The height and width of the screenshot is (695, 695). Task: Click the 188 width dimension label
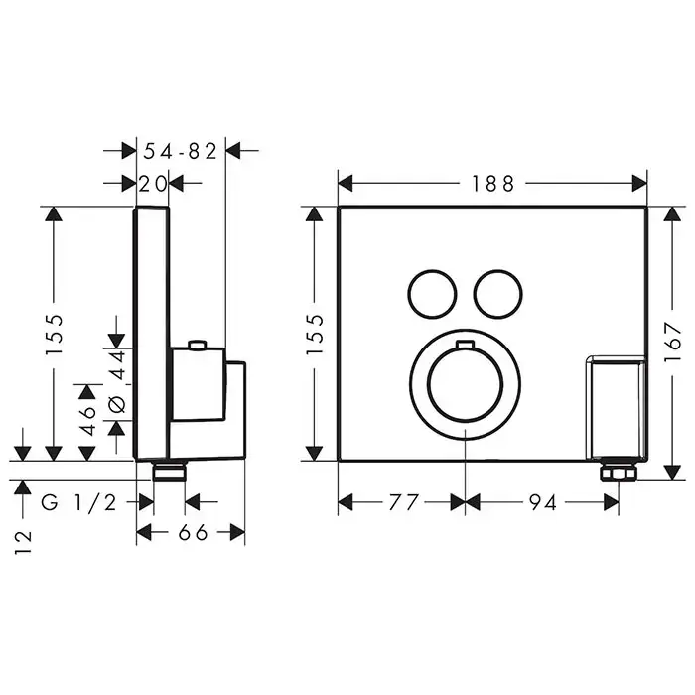(492, 184)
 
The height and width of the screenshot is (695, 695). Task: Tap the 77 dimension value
(403, 502)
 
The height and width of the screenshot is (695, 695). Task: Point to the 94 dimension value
(542, 502)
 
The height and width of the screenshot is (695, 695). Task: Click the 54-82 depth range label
(181, 151)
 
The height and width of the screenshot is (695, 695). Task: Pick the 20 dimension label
(153, 183)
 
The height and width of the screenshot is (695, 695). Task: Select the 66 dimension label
(193, 532)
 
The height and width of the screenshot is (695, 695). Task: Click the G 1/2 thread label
(78, 502)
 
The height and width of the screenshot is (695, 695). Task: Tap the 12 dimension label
(23, 542)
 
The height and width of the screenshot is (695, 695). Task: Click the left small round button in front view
(432, 294)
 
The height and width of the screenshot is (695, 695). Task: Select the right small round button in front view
(497, 294)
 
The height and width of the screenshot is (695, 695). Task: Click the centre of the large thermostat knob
(465, 384)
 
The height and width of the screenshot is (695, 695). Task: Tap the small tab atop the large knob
(465, 344)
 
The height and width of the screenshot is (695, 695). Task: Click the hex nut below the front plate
(619, 472)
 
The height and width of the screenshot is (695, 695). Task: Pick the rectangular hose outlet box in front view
(617, 407)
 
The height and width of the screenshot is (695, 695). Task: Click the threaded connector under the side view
(169, 471)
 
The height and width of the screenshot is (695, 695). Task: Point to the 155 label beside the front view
(315, 334)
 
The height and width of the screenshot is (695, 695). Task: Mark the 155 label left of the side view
(55, 334)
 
